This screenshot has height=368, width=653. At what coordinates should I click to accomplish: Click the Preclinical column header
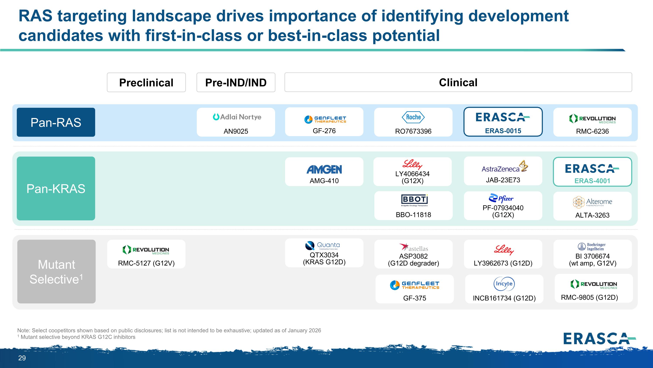point(146,82)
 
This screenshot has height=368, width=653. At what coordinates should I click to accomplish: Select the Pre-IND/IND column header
point(236,82)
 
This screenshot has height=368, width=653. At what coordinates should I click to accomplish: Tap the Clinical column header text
point(458,82)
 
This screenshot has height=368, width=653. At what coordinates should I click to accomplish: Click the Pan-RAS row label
point(56,122)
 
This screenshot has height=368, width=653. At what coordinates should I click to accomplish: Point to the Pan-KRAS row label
point(56,188)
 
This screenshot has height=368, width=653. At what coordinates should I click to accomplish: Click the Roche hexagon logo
point(413,117)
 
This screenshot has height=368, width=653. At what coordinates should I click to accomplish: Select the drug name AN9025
point(236,131)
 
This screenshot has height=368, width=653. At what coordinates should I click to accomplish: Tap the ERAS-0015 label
point(503,131)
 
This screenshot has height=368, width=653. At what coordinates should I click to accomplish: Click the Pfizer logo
point(501,198)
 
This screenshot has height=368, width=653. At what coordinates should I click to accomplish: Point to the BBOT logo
point(414,200)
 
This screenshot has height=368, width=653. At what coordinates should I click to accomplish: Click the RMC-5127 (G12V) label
point(146,263)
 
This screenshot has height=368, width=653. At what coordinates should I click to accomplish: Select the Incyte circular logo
point(504,284)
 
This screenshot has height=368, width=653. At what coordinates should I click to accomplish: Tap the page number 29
point(22,358)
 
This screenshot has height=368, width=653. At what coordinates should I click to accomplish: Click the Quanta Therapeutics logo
point(322,246)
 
